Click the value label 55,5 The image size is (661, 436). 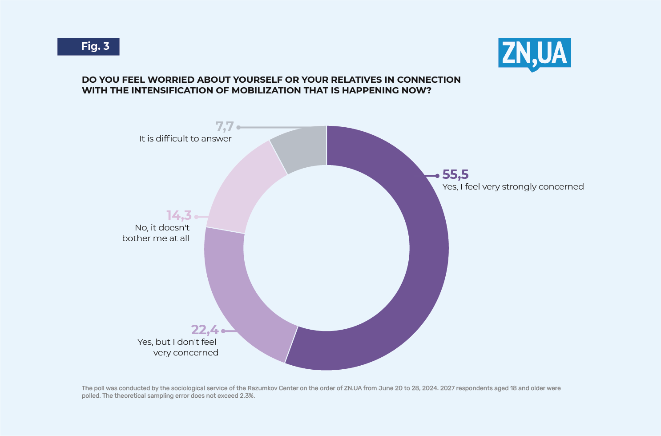(455, 174)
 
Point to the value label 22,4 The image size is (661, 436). (205, 330)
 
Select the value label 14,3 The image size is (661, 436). (179, 215)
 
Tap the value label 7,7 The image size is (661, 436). (225, 126)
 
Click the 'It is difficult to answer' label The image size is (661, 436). (185, 139)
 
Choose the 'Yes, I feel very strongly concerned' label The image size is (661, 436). (513, 187)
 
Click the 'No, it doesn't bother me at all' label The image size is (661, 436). (156, 233)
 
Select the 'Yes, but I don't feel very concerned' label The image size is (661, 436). (178, 347)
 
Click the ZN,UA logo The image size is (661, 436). (534, 53)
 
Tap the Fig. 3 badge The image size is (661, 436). (89, 47)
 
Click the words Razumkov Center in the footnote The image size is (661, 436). (273, 388)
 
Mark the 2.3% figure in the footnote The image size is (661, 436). (246, 396)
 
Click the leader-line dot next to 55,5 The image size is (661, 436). (437, 176)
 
